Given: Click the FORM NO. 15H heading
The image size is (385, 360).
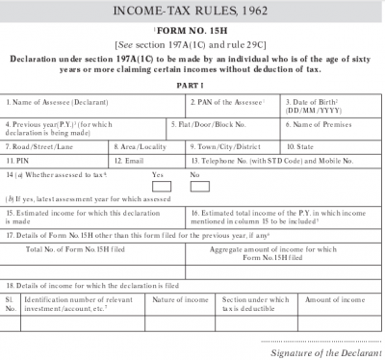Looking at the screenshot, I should tap(192, 31).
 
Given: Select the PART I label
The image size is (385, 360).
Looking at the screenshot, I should tap(192, 85).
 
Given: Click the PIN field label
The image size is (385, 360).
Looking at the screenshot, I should tap(15, 161).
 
